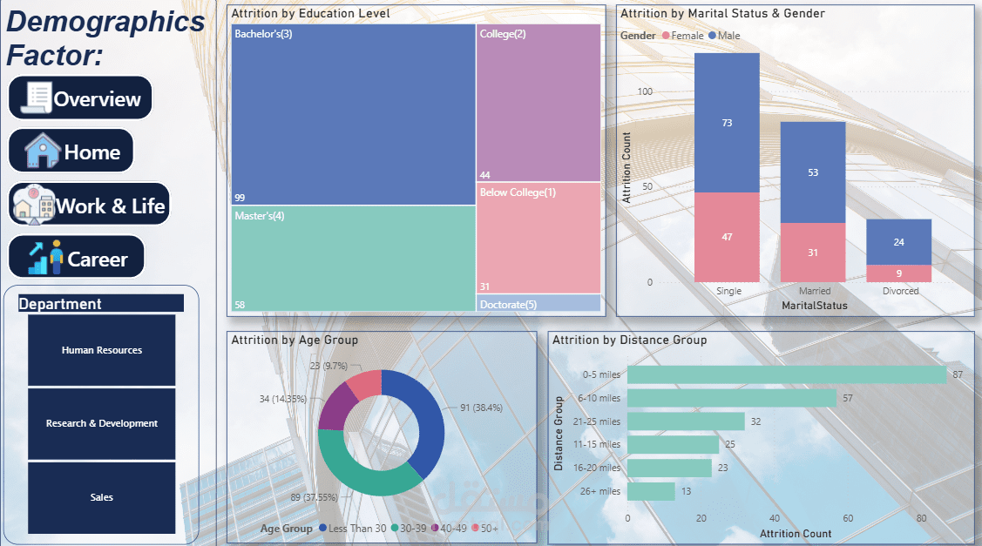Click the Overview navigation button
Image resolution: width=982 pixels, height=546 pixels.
point(80,98)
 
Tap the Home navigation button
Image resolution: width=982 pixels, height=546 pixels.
point(71,152)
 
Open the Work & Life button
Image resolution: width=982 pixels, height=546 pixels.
point(90,205)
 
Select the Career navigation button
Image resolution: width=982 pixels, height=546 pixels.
point(77,258)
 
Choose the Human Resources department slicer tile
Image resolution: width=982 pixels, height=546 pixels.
point(101,350)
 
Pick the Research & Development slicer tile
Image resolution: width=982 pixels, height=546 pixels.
point(101,423)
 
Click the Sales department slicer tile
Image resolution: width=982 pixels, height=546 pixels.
point(101,497)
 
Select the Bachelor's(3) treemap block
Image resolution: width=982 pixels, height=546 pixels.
point(353,114)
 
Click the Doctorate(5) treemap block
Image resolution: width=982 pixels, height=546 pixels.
point(538,304)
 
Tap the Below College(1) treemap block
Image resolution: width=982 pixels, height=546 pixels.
point(538,238)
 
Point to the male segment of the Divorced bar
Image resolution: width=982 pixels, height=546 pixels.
point(898,242)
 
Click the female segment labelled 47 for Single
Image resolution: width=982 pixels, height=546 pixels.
point(727,237)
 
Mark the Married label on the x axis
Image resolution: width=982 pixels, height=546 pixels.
point(814,291)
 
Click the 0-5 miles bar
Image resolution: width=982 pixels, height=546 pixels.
point(786,374)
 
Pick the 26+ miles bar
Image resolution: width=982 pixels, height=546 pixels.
point(651,491)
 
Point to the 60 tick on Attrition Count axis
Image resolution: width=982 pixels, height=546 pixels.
point(848,518)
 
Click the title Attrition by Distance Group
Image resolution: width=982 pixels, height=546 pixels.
point(629,340)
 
